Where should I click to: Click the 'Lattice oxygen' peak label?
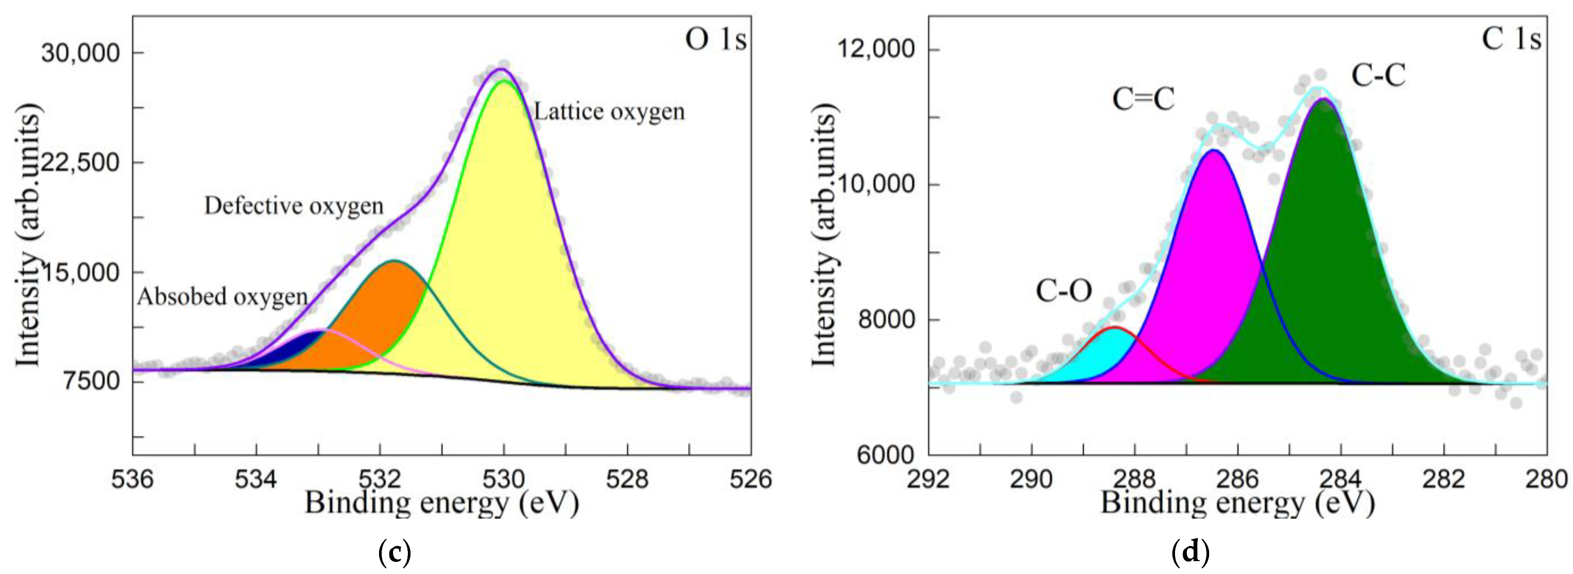[x=609, y=112]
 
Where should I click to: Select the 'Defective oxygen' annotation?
[x=294, y=206]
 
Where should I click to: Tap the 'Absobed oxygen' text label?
[x=222, y=297]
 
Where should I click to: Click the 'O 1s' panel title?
[x=715, y=40]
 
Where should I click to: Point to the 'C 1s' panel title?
[x=1511, y=40]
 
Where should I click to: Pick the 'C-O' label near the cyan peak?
[x=1064, y=291]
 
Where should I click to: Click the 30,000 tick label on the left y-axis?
[x=81, y=53]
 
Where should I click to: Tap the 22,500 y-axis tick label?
[x=81, y=162]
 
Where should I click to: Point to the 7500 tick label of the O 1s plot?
[x=92, y=381]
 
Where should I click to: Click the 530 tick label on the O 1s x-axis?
[x=504, y=479]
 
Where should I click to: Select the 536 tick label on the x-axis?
[x=133, y=479]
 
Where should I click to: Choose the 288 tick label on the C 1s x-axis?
[x=1134, y=479]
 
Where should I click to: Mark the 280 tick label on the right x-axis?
[x=1546, y=479]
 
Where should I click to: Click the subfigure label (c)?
[x=395, y=553]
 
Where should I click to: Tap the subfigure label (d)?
[x=1191, y=553]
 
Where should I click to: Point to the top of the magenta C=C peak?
[x=1214, y=150]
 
